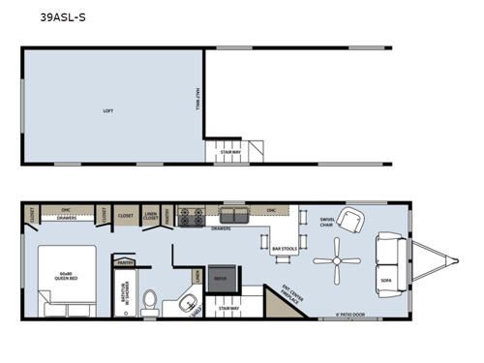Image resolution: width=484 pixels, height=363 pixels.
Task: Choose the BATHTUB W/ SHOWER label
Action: point(124,293)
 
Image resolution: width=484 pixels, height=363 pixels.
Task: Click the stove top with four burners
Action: point(192,214)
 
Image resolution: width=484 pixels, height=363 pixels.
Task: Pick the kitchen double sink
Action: point(233,215)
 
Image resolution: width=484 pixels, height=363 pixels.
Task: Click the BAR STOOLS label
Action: point(283,249)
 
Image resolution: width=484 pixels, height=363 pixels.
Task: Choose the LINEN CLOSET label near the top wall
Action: point(151,217)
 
